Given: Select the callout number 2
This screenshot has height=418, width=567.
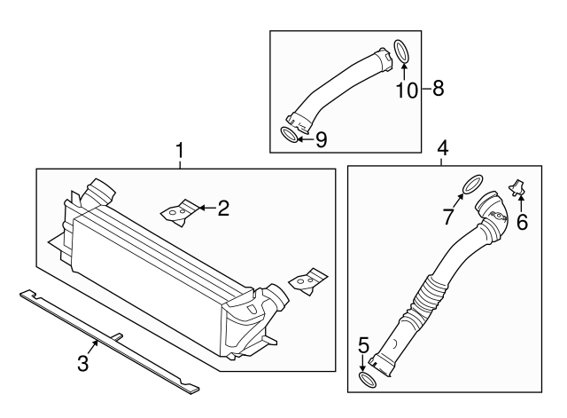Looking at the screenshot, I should click(223, 209).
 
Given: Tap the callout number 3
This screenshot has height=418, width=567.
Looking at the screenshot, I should click(82, 363).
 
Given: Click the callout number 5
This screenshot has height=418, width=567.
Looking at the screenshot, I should click(363, 343).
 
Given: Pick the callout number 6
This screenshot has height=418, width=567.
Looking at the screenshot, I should click(522, 222).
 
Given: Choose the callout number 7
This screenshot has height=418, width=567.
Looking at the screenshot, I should click(449, 216).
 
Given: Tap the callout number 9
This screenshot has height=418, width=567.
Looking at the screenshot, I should click(321, 138).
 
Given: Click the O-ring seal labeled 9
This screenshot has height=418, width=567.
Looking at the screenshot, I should click(289, 135).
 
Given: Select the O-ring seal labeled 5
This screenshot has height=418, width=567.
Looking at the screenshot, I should click(366, 381).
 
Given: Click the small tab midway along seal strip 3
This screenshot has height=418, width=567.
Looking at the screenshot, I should click(116, 335).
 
